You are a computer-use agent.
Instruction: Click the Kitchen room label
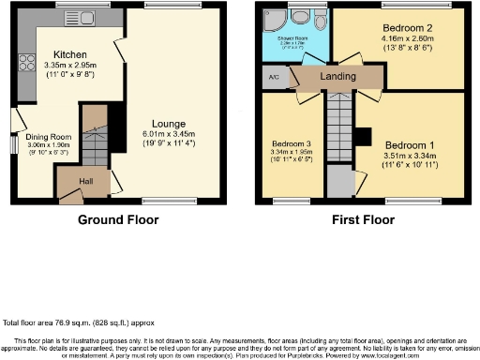pos(70,54)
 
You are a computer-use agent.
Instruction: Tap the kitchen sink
pos(67,17)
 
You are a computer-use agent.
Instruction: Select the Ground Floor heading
pos(118,220)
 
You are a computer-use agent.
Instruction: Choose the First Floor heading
pos(361,220)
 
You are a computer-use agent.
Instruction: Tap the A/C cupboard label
pos(274,78)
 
